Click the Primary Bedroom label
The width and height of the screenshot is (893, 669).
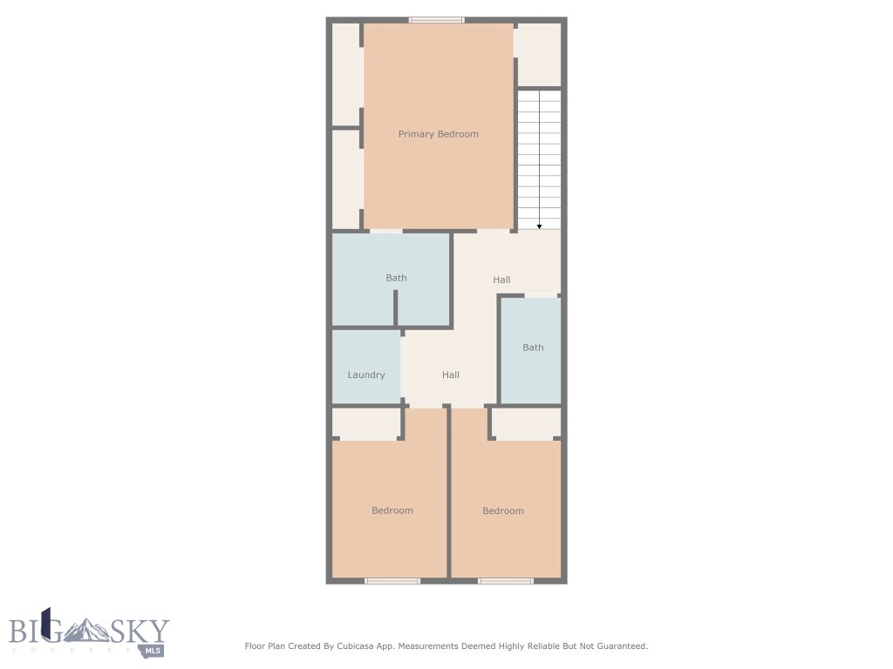pos(439,134)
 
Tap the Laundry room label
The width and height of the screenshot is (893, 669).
pos(366,375)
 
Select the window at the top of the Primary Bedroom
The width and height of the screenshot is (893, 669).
pos(437,20)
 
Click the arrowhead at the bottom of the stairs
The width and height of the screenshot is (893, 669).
pos(540,226)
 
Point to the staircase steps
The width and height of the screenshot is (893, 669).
pos(540,157)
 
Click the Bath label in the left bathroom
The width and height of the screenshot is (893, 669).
pos(396,278)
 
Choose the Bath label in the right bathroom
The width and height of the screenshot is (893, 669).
pos(533,348)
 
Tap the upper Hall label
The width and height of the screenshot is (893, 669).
pos(501,280)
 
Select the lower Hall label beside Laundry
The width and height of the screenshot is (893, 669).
pos(451,375)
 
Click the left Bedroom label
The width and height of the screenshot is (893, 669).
pos(392,510)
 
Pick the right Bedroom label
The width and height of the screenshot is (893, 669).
pos(503,510)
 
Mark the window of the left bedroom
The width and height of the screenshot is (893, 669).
pos(392,580)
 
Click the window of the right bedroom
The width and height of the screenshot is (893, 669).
pos(505,580)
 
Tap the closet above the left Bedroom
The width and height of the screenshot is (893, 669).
pos(366,424)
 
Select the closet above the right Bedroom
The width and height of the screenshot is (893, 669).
pos(526,424)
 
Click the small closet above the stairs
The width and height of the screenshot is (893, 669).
pos(539,54)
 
